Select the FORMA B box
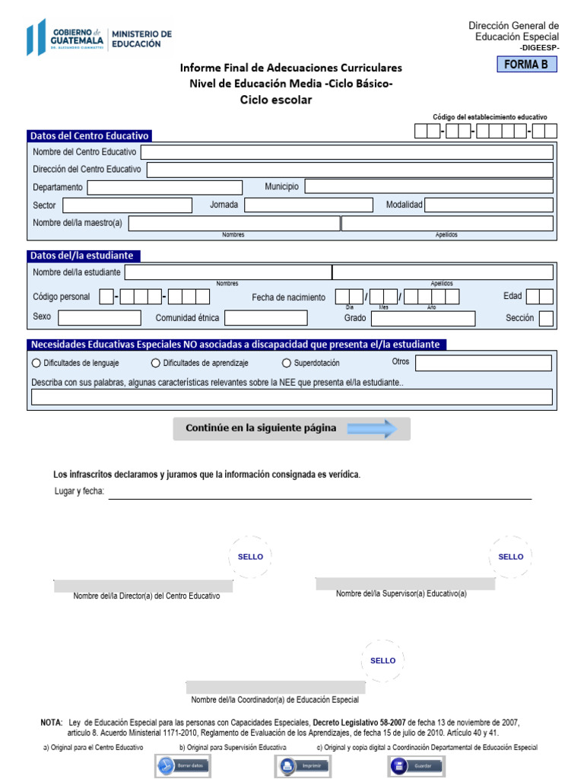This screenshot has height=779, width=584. point(525,65)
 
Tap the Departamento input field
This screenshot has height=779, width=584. point(164,187)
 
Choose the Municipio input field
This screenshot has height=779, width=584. point(428,187)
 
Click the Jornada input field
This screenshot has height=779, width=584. point(309,205)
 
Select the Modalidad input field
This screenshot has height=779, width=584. point(488,205)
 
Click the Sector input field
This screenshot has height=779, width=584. point(127,205)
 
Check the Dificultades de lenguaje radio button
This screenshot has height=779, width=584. point(36,364)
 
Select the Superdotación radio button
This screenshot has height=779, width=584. point(287,364)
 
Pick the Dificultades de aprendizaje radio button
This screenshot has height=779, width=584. point(156,364)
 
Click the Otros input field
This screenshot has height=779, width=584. point(483,363)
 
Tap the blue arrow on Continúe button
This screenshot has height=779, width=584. point(373,428)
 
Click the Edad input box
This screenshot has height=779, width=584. point(539,297)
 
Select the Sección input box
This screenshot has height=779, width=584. point(545,318)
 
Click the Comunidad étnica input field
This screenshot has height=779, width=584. point(265,318)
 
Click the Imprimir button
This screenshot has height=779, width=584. point(302,765)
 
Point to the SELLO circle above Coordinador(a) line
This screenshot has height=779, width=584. point(382,660)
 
